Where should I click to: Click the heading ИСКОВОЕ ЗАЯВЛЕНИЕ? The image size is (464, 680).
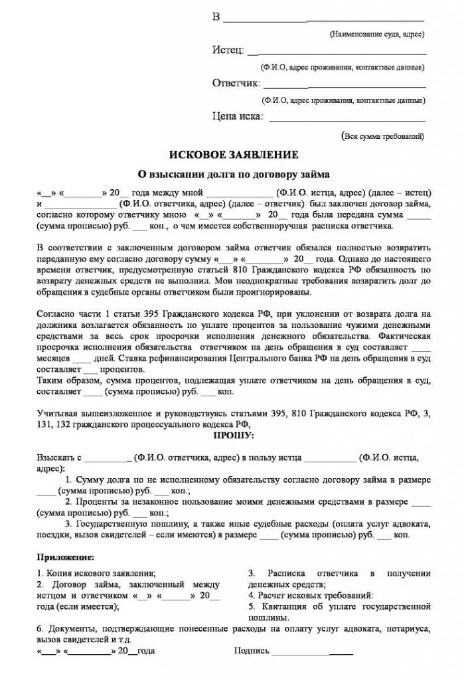pos(233,155)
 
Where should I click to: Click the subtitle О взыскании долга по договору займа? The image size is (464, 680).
pos(233,175)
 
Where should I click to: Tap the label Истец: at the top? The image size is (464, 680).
pos(228,50)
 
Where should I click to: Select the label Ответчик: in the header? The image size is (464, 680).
pos(236,84)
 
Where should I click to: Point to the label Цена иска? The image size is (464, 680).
pos(238,117)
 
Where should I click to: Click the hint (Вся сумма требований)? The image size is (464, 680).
pos(382,136)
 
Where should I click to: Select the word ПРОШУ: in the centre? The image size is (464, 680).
pos(233,436)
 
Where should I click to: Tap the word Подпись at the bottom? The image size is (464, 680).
pos(252,651)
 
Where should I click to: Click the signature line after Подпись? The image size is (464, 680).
pos(312,652)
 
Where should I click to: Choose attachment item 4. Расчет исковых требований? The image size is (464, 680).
pos(311,596)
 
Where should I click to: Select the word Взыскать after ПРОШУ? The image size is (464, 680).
pos(56,458)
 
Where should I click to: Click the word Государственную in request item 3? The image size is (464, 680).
pos(110,523)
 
